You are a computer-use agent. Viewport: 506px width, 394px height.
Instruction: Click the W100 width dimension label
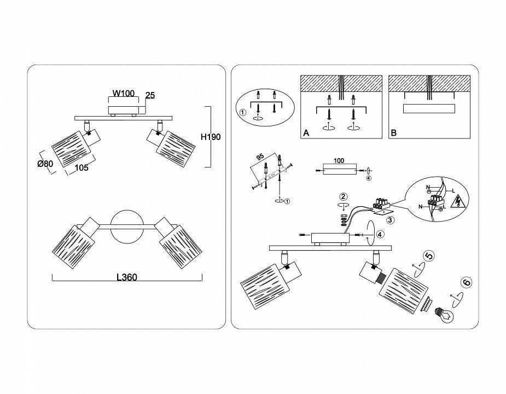coord(123,94)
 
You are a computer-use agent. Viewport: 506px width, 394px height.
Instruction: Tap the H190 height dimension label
coord(211,137)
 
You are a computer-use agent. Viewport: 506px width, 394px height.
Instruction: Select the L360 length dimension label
coord(127,277)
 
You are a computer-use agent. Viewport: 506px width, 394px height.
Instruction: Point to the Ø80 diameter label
coord(45,164)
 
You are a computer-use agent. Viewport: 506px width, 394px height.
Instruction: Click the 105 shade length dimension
coord(82,167)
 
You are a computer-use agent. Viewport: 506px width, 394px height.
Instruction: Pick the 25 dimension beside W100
coord(150,95)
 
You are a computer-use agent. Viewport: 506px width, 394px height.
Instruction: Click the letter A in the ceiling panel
coord(306,133)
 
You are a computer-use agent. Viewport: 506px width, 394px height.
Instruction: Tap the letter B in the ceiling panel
coord(394,133)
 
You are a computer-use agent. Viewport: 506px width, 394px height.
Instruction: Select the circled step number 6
coord(467,282)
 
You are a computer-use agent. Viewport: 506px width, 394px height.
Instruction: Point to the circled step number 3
coord(390,220)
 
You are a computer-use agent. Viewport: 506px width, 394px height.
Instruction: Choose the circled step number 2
coord(344,196)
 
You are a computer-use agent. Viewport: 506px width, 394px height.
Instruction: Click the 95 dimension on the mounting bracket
coord(260,157)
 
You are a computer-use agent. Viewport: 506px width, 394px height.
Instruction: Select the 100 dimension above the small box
coord(339,160)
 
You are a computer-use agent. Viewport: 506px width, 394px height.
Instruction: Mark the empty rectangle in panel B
coord(429,109)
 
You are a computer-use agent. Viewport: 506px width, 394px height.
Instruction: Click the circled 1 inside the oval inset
coord(243,112)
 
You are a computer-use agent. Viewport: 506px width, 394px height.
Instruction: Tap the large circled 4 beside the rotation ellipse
coord(380,234)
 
